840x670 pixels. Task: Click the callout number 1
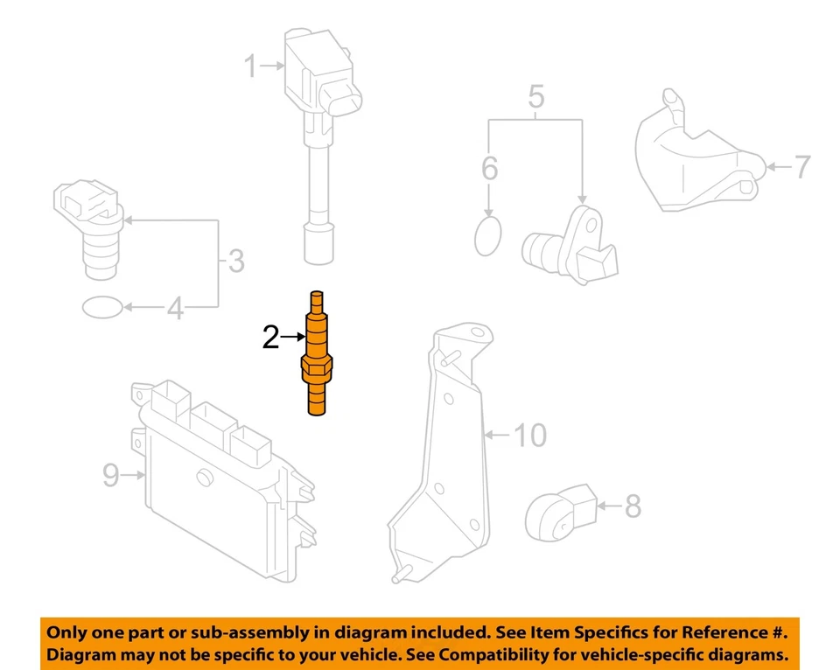pos(251,66)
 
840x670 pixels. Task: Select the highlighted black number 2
pos(271,337)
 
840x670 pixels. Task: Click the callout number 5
pos(536,96)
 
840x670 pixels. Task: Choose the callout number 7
pos(801,166)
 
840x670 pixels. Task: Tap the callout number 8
pos(631,506)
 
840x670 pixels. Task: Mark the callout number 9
pos(111,475)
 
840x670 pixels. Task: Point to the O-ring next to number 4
pos(101,307)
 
